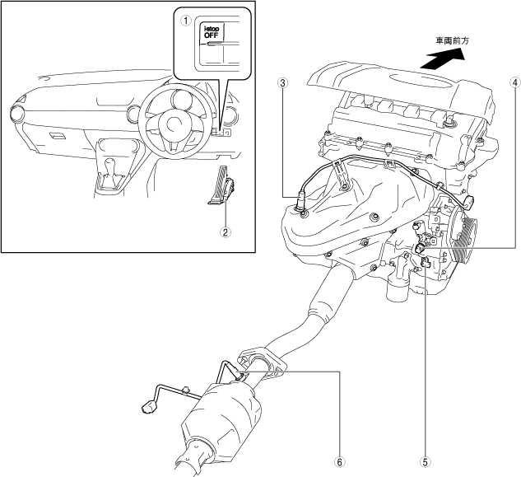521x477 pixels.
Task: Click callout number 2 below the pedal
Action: tap(225, 231)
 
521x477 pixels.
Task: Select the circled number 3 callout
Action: tap(282, 82)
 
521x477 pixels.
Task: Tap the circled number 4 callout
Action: tap(514, 82)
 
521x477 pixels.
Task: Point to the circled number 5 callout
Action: tap(425, 462)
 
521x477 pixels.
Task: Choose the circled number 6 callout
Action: tap(339, 462)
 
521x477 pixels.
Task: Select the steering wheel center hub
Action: tap(174, 124)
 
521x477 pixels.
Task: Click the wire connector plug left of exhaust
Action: tap(148, 406)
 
